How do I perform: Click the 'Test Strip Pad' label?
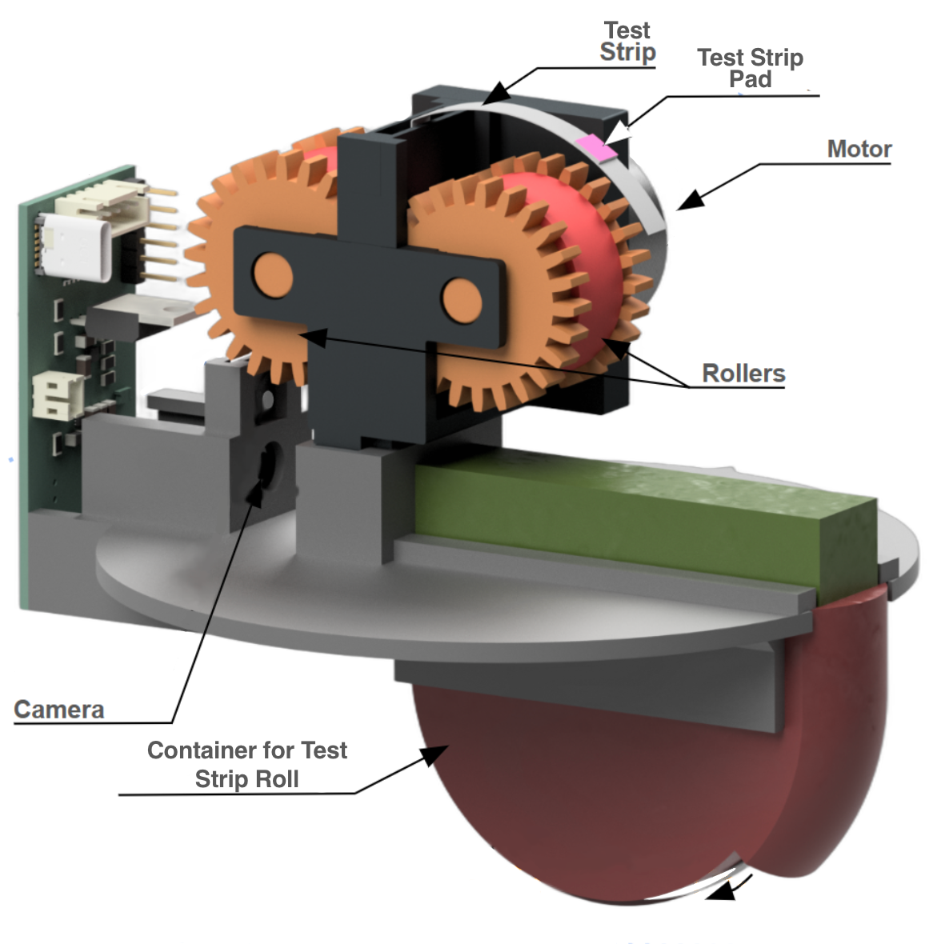(750, 68)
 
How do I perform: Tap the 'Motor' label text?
(859, 149)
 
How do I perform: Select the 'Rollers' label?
(743, 373)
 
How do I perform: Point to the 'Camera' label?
(59, 710)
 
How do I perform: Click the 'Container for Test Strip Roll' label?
(246, 764)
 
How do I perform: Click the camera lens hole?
(267, 464)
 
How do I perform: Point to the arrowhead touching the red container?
(434, 754)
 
